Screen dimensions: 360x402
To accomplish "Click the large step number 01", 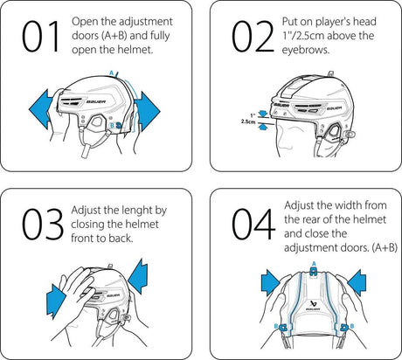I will coord(41,37).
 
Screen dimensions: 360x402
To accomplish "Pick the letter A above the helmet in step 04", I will coord(312,263).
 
